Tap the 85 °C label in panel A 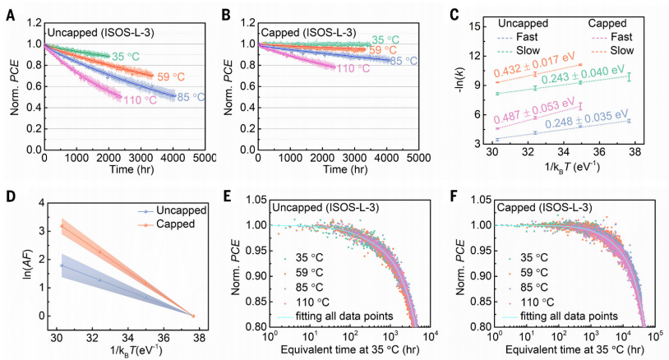190,97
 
